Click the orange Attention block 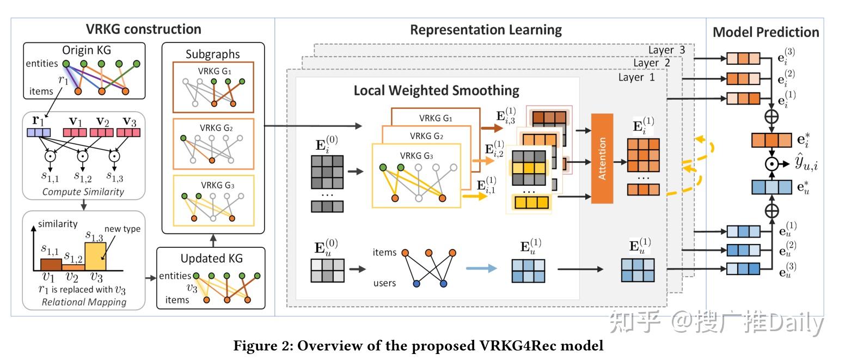[x=602, y=158]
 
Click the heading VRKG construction [x=143, y=29]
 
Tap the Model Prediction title [x=765, y=32]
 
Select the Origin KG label [x=87, y=50]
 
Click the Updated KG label [x=211, y=258]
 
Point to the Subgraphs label [x=212, y=54]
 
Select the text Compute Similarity [x=83, y=192]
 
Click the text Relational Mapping [x=84, y=302]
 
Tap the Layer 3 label [x=666, y=50]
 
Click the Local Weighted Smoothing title [x=436, y=90]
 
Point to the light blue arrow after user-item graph [x=481, y=268]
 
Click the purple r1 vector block [x=39, y=132]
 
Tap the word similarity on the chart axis [x=58, y=224]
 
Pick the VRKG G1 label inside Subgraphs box [x=212, y=71]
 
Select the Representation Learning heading [x=486, y=29]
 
